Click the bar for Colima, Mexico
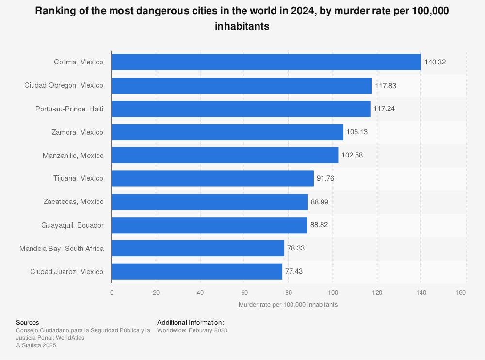266,62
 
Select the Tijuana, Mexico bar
212,178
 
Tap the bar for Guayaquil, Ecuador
210,225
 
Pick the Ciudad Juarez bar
197,272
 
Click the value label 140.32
435,62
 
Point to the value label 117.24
384,109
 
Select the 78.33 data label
296,249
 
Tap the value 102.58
352,156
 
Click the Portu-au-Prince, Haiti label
69,109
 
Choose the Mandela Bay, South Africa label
62,249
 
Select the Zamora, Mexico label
77,132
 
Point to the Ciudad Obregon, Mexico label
64,85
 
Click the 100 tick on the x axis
333,293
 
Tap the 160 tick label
461,293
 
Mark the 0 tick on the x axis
112,293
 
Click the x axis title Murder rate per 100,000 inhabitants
288,305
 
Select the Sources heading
27,323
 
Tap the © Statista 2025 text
36,345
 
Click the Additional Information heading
191,323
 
